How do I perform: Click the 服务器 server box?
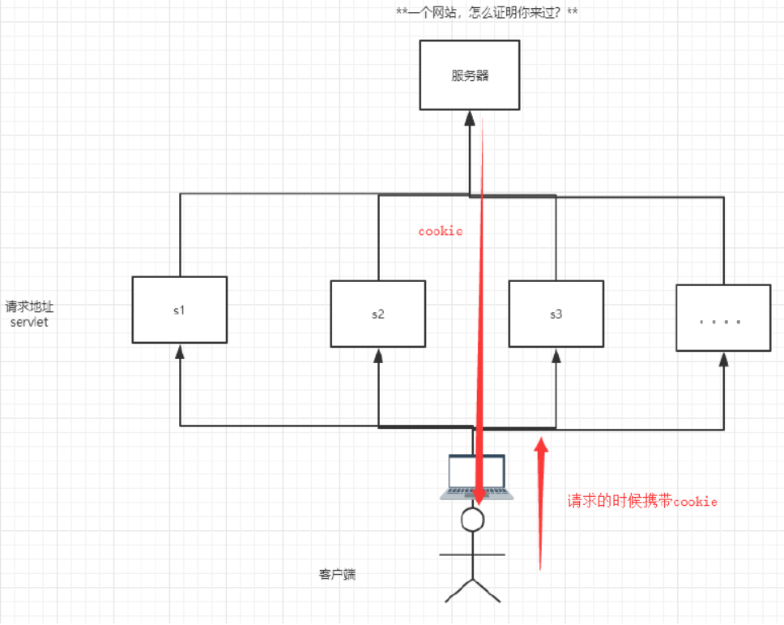point(470,76)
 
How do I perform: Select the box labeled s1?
point(180,309)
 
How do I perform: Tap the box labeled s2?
point(378,313)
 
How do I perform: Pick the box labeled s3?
point(556,313)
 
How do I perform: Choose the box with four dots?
point(723,318)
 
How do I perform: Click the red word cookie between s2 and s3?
point(441,231)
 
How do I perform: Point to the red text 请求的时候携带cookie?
point(641,501)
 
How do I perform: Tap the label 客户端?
point(337,574)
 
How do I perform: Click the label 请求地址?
point(30,306)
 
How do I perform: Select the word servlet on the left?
point(28,322)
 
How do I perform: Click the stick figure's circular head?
point(471,519)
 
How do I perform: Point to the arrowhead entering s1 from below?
point(180,351)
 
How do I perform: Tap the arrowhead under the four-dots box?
point(723,359)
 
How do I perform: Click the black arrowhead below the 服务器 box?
point(470,118)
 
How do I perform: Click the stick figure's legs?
point(471,589)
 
